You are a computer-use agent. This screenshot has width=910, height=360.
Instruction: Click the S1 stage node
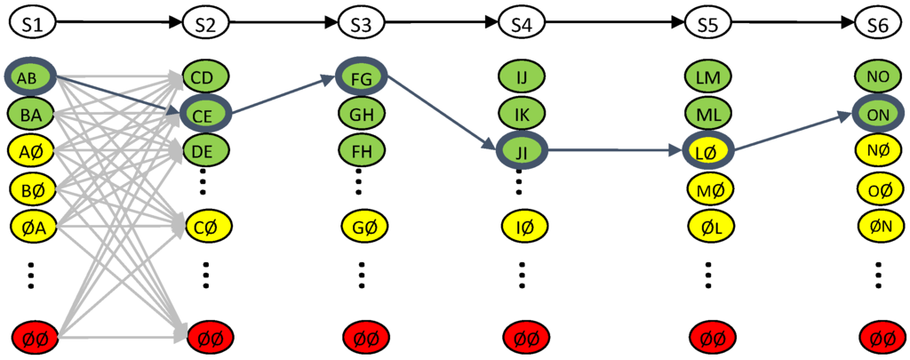tap(32, 25)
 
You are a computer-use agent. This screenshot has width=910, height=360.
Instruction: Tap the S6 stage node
tap(877, 25)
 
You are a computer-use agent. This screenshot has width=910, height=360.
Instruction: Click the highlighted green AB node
tap(32, 79)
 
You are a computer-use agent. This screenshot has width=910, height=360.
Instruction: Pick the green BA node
tap(32, 114)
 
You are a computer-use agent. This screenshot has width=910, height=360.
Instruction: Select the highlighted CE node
tap(204, 114)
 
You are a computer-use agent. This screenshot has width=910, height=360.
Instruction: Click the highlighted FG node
tap(361, 79)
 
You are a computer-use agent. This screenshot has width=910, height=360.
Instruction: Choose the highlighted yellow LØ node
tap(708, 151)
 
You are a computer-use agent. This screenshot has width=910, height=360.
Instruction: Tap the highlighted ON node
tap(877, 114)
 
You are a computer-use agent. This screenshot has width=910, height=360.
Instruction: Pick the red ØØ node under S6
tap(877, 338)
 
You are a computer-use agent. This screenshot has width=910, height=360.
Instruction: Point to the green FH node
tap(361, 151)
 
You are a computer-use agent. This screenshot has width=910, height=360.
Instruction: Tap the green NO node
tap(877, 77)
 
